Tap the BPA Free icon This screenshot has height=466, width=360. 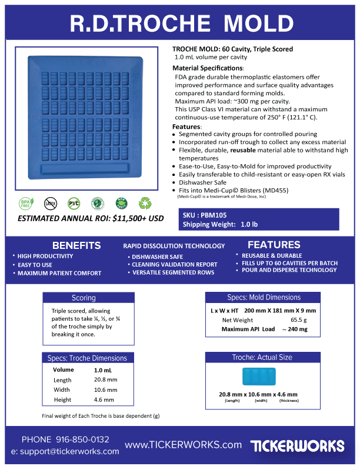[26, 204]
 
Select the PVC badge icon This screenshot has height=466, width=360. [74, 204]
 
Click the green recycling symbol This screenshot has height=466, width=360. [145, 204]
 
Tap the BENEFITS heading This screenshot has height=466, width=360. [76, 245]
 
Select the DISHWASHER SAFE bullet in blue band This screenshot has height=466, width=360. [157, 257]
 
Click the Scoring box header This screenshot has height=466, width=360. [84, 298]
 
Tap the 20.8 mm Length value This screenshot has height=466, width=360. [106, 380]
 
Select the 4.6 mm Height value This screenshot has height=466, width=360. [104, 400]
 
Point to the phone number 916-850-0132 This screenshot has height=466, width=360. [83, 440]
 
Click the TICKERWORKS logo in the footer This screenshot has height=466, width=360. [297, 445]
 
